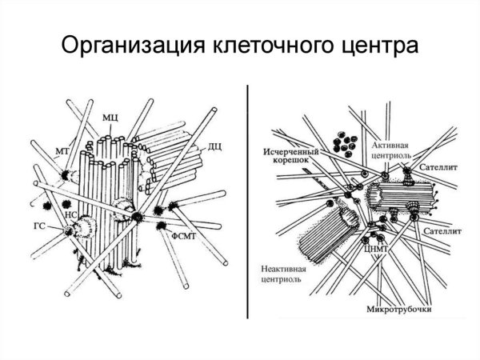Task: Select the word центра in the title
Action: pos(376,46)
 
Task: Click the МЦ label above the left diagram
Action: pos(111,118)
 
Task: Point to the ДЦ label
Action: pos(215,146)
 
